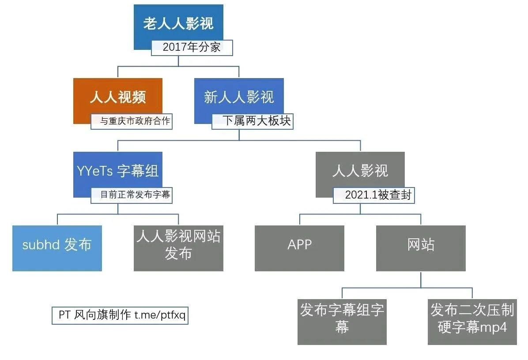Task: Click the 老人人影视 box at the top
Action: point(178,23)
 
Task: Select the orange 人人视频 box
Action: point(117,97)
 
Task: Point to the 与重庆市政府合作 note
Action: point(131,121)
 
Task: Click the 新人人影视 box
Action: point(239,97)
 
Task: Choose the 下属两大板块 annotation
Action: point(253,121)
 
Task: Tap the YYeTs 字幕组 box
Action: point(117,171)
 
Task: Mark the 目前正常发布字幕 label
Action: point(131,195)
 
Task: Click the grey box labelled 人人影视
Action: point(360,171)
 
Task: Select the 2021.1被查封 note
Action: point(374,195)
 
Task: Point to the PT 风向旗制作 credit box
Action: point(120,315)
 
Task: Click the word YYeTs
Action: point(94,171)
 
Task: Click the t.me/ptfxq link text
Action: point(160,315)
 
